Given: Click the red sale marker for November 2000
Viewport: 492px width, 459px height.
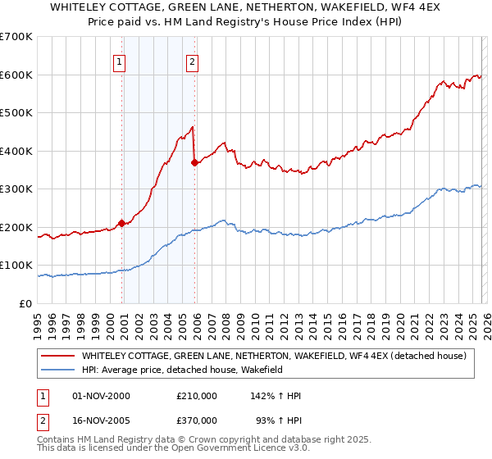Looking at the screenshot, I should (121, 223).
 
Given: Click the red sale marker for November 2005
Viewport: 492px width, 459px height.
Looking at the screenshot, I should (194, 162).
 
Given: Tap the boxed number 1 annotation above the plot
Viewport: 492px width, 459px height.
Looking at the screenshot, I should (120, 61).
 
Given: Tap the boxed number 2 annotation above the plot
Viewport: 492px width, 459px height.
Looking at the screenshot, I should (192, 61).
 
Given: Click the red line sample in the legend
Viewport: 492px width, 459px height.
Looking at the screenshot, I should (57, 356).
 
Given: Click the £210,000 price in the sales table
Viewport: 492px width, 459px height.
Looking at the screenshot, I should (197, 396).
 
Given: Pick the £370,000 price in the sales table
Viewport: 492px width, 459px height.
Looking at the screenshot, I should (197, 420).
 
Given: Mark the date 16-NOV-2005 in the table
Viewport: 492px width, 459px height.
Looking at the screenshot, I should (102, 420).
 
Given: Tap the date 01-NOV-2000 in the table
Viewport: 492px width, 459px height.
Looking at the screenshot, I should (102, 396).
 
